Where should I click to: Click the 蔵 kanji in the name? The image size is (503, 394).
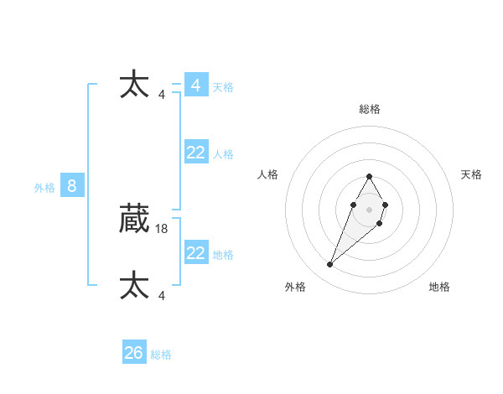tap(135, 219)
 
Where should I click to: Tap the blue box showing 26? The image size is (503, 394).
tap(134, 353)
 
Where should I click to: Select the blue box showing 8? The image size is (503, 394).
tap(72, 186)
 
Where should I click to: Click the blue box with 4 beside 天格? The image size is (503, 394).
tap(196, 86)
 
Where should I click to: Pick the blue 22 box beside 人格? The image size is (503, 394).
tap(196, 153)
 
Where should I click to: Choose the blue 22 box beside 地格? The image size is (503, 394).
tap(196, 253)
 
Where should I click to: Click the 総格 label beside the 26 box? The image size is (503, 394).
tap(161, 355)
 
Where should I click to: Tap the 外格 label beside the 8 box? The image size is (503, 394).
tap(44, 188)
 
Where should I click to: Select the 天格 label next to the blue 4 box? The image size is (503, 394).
tap(223, 87)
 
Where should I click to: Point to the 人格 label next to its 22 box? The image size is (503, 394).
tap(223, 154)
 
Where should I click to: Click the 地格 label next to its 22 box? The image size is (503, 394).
tap(223, 255)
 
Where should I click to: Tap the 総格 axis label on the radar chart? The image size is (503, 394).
tap(370, 109)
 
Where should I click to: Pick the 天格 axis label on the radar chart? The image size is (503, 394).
tap(471, 174)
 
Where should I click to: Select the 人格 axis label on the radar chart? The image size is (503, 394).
tap(268, 174)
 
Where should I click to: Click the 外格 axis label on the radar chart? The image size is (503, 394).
tap(294, 287)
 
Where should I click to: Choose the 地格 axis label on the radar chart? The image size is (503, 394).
tap(439, 287)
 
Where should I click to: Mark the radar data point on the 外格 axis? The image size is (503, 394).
tap(330, 265)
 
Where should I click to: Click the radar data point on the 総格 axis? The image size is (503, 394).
tap(370, 177)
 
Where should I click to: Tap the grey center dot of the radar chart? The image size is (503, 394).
tap(370, 210)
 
